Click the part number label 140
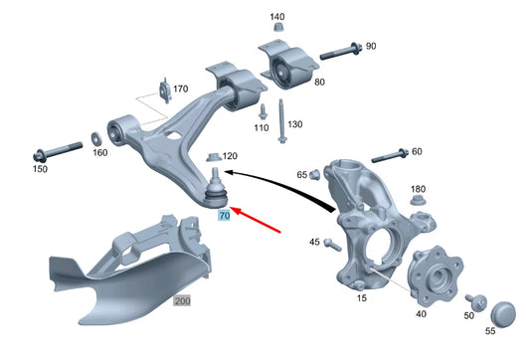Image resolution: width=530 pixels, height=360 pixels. [277, 17]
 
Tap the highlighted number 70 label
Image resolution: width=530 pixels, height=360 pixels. [224, 215]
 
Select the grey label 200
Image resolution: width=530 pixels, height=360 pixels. [182, 300]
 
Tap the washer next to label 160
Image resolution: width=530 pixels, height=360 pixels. [94, 136]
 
